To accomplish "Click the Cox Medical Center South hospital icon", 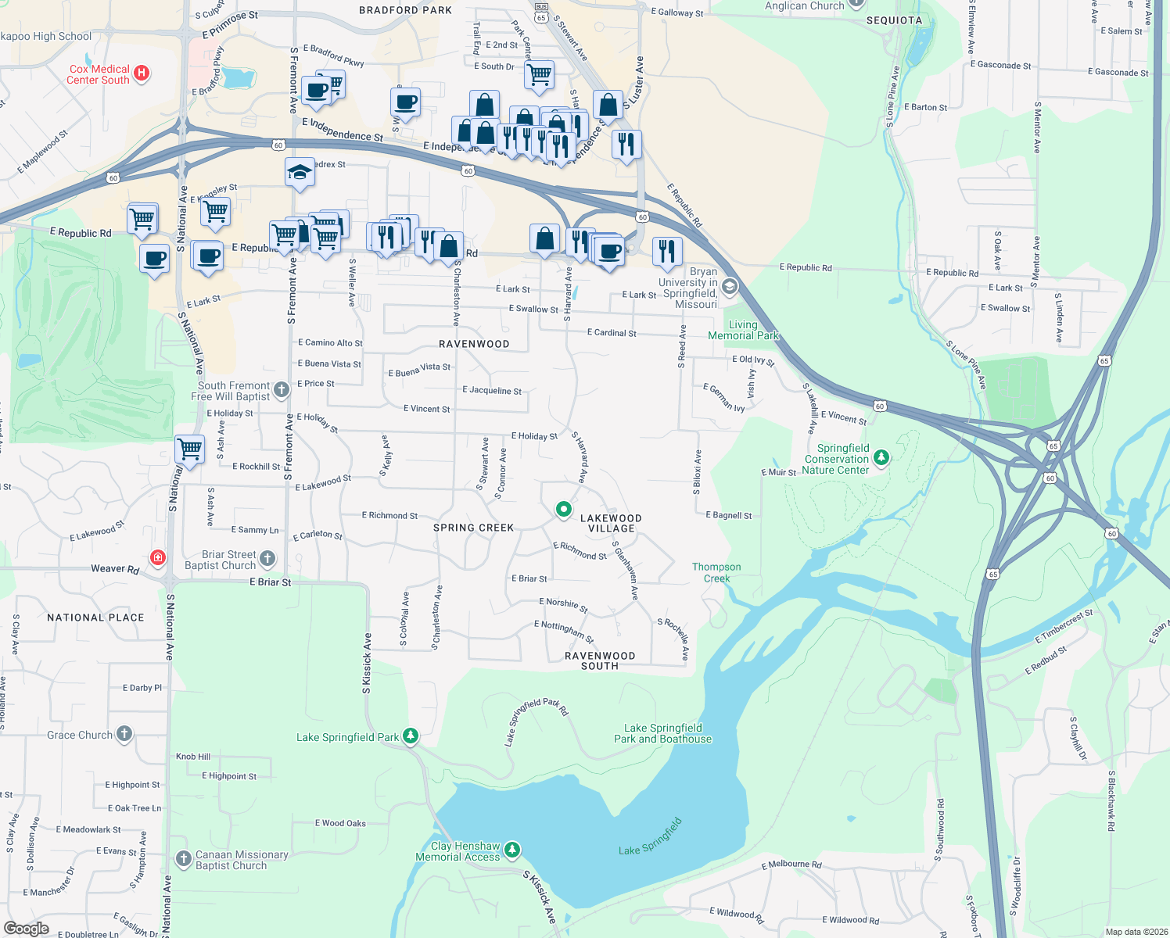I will click(x=142, y=73).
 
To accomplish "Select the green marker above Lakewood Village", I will click(x=563, y=509).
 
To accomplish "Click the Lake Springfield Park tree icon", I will click(x=411, y=736).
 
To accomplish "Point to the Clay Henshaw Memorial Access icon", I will click(x=512, y=850).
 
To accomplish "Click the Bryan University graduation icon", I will click(x=730, y=286).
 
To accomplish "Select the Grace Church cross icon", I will click(x=124, y=734).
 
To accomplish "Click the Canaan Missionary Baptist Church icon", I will click(x=184, y=860).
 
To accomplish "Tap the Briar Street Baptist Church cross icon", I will click(x=267, y=559).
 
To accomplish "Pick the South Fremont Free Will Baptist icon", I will click(x=282, y=390).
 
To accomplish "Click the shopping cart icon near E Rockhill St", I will click(x=189, y=449).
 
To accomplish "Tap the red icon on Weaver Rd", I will click(x=159, y=557).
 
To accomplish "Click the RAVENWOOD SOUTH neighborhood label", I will click(x=600, y=661).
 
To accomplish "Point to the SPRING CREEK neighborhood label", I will click(x=473, y=528).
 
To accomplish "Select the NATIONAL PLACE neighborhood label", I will click(x=95, y=618).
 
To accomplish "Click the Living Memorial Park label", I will click(x=743, y=330).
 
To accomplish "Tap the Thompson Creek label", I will click(x=716, y=573).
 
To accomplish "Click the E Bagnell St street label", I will click(x=728, y=516).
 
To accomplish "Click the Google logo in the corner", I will click(x=26, y=929).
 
